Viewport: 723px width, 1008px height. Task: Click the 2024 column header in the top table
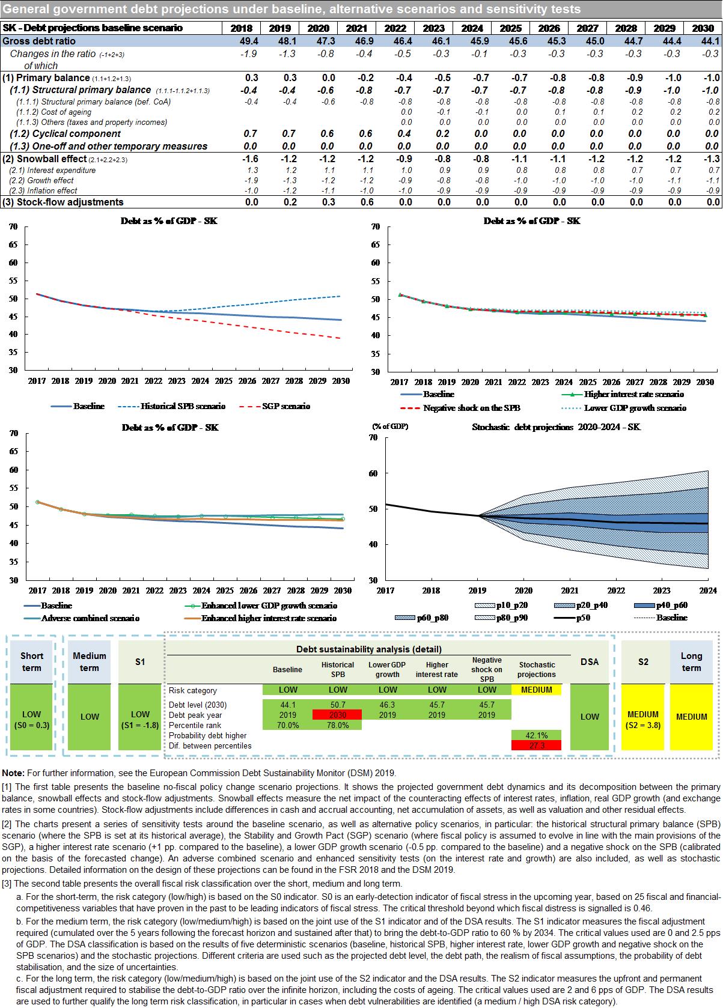point(472,28)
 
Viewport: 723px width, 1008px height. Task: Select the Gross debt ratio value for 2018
point(248,41)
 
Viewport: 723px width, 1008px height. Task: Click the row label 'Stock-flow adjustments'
point(63,202)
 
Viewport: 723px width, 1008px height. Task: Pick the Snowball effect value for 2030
point(712,159)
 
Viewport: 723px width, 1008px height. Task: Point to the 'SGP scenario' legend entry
point(286,406)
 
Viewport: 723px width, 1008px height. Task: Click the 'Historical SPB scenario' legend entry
point(183,406)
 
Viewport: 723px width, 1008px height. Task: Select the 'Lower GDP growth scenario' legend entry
point(635,408)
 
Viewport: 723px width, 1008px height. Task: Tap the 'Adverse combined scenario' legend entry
point(90,618)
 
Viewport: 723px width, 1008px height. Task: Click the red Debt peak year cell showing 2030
point(337,715)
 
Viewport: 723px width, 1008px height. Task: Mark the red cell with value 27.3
point(536,745)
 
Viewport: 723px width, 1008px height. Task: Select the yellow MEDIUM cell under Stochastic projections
point(536,690)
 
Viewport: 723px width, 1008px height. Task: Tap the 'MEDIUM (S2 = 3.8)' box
point(643,719)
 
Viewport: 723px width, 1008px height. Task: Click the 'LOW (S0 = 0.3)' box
point(32,719)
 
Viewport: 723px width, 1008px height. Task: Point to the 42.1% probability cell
point(536,735)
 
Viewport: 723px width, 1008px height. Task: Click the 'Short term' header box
point(32,662)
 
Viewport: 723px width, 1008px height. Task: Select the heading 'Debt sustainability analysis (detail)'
point(368,649)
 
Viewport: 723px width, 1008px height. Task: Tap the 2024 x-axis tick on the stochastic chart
point(708,591)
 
